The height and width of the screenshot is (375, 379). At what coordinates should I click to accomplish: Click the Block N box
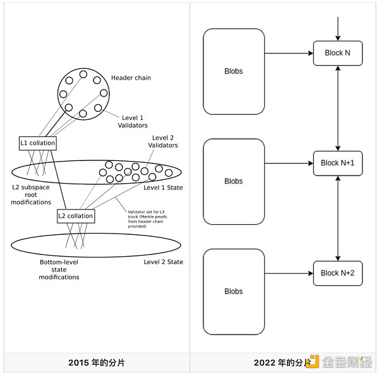(338, 53)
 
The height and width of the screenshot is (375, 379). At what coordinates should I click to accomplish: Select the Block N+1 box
(338, 163)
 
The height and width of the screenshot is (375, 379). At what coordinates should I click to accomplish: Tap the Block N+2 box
(338, 273)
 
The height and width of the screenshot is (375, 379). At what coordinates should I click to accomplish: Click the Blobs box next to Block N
(233, 71)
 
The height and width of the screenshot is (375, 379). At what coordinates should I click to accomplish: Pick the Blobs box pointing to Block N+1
(233, 181)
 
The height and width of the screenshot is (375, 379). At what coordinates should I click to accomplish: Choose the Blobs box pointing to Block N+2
(233, 291)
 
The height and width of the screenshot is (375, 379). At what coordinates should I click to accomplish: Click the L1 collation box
(38, 143)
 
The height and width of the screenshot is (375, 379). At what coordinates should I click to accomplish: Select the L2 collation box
(76, 216)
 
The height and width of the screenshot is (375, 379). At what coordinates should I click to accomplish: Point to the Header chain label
(131, 78)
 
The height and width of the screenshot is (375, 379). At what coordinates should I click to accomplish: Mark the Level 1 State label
(163, 187)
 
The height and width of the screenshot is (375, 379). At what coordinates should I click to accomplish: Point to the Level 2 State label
(163, 262)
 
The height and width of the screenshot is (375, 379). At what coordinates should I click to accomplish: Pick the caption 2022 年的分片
(282, 362)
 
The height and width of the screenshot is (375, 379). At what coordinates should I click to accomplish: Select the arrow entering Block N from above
(339, 28)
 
